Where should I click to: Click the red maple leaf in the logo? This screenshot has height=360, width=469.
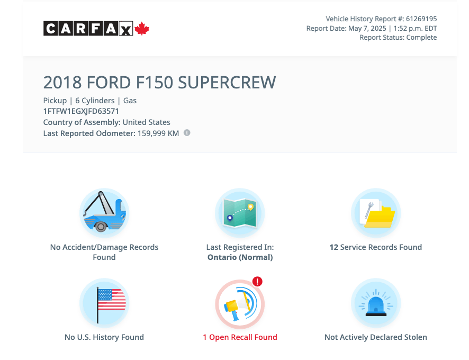click(x=142, y=29)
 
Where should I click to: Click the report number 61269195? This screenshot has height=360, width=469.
click(x=421, y=19)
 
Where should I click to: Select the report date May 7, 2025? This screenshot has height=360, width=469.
click(x=367, y=29)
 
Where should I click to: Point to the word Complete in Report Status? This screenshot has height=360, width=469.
click(x=421, y=38)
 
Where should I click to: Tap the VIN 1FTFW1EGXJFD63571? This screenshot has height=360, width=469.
click(x=81, y=111)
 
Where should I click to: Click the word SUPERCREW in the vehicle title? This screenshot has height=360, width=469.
click(x=227, y=82)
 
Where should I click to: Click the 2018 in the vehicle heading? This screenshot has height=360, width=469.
click(x=62, y=82)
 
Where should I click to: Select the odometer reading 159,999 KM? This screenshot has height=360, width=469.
click(x=158, y=133)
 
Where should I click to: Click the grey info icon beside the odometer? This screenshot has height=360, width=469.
click(x=187, y=133)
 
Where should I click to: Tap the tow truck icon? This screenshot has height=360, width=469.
click(x=104, y=213)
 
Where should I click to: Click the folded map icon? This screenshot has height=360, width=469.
click(x=240, y=213)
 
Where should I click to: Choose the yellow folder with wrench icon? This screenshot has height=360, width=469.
click(x=376, y=213)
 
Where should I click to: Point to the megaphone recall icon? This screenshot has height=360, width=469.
click(x=240, y=304)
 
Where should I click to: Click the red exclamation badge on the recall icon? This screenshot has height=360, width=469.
click(x=257, y=282)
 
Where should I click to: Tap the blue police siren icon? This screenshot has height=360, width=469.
click(x=376, y=303)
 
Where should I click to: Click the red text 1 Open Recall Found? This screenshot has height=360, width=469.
click(x=240, y=337)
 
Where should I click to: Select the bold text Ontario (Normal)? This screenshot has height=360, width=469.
click(x=240, y=257)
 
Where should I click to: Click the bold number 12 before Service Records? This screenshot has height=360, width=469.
click(x=334, y=247)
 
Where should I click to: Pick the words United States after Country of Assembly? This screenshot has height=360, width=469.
click(x=146, y=122)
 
